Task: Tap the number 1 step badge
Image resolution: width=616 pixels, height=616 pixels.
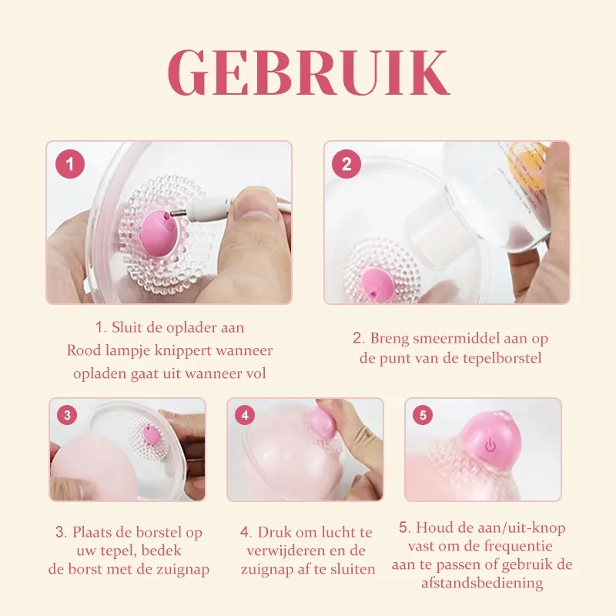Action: (71, 164)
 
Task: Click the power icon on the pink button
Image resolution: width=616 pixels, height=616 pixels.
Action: (490, 445)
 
